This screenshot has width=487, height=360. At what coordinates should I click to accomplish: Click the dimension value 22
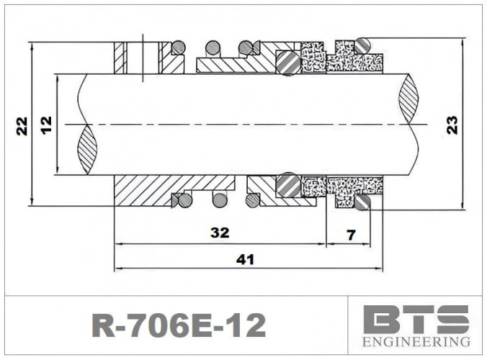pos(22,125)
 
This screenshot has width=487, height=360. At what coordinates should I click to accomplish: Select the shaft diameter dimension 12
pos(47,125)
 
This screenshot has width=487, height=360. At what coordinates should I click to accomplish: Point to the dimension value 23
pos(452,125)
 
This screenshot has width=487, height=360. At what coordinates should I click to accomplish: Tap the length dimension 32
pos(220,233)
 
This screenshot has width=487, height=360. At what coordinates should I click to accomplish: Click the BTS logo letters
pos(416,319)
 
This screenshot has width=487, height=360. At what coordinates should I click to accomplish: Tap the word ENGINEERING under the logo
pos(416,341)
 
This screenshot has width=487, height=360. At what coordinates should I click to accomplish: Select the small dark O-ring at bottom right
pos(362,204)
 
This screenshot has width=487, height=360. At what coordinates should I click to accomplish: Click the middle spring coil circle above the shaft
pos(213,48)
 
